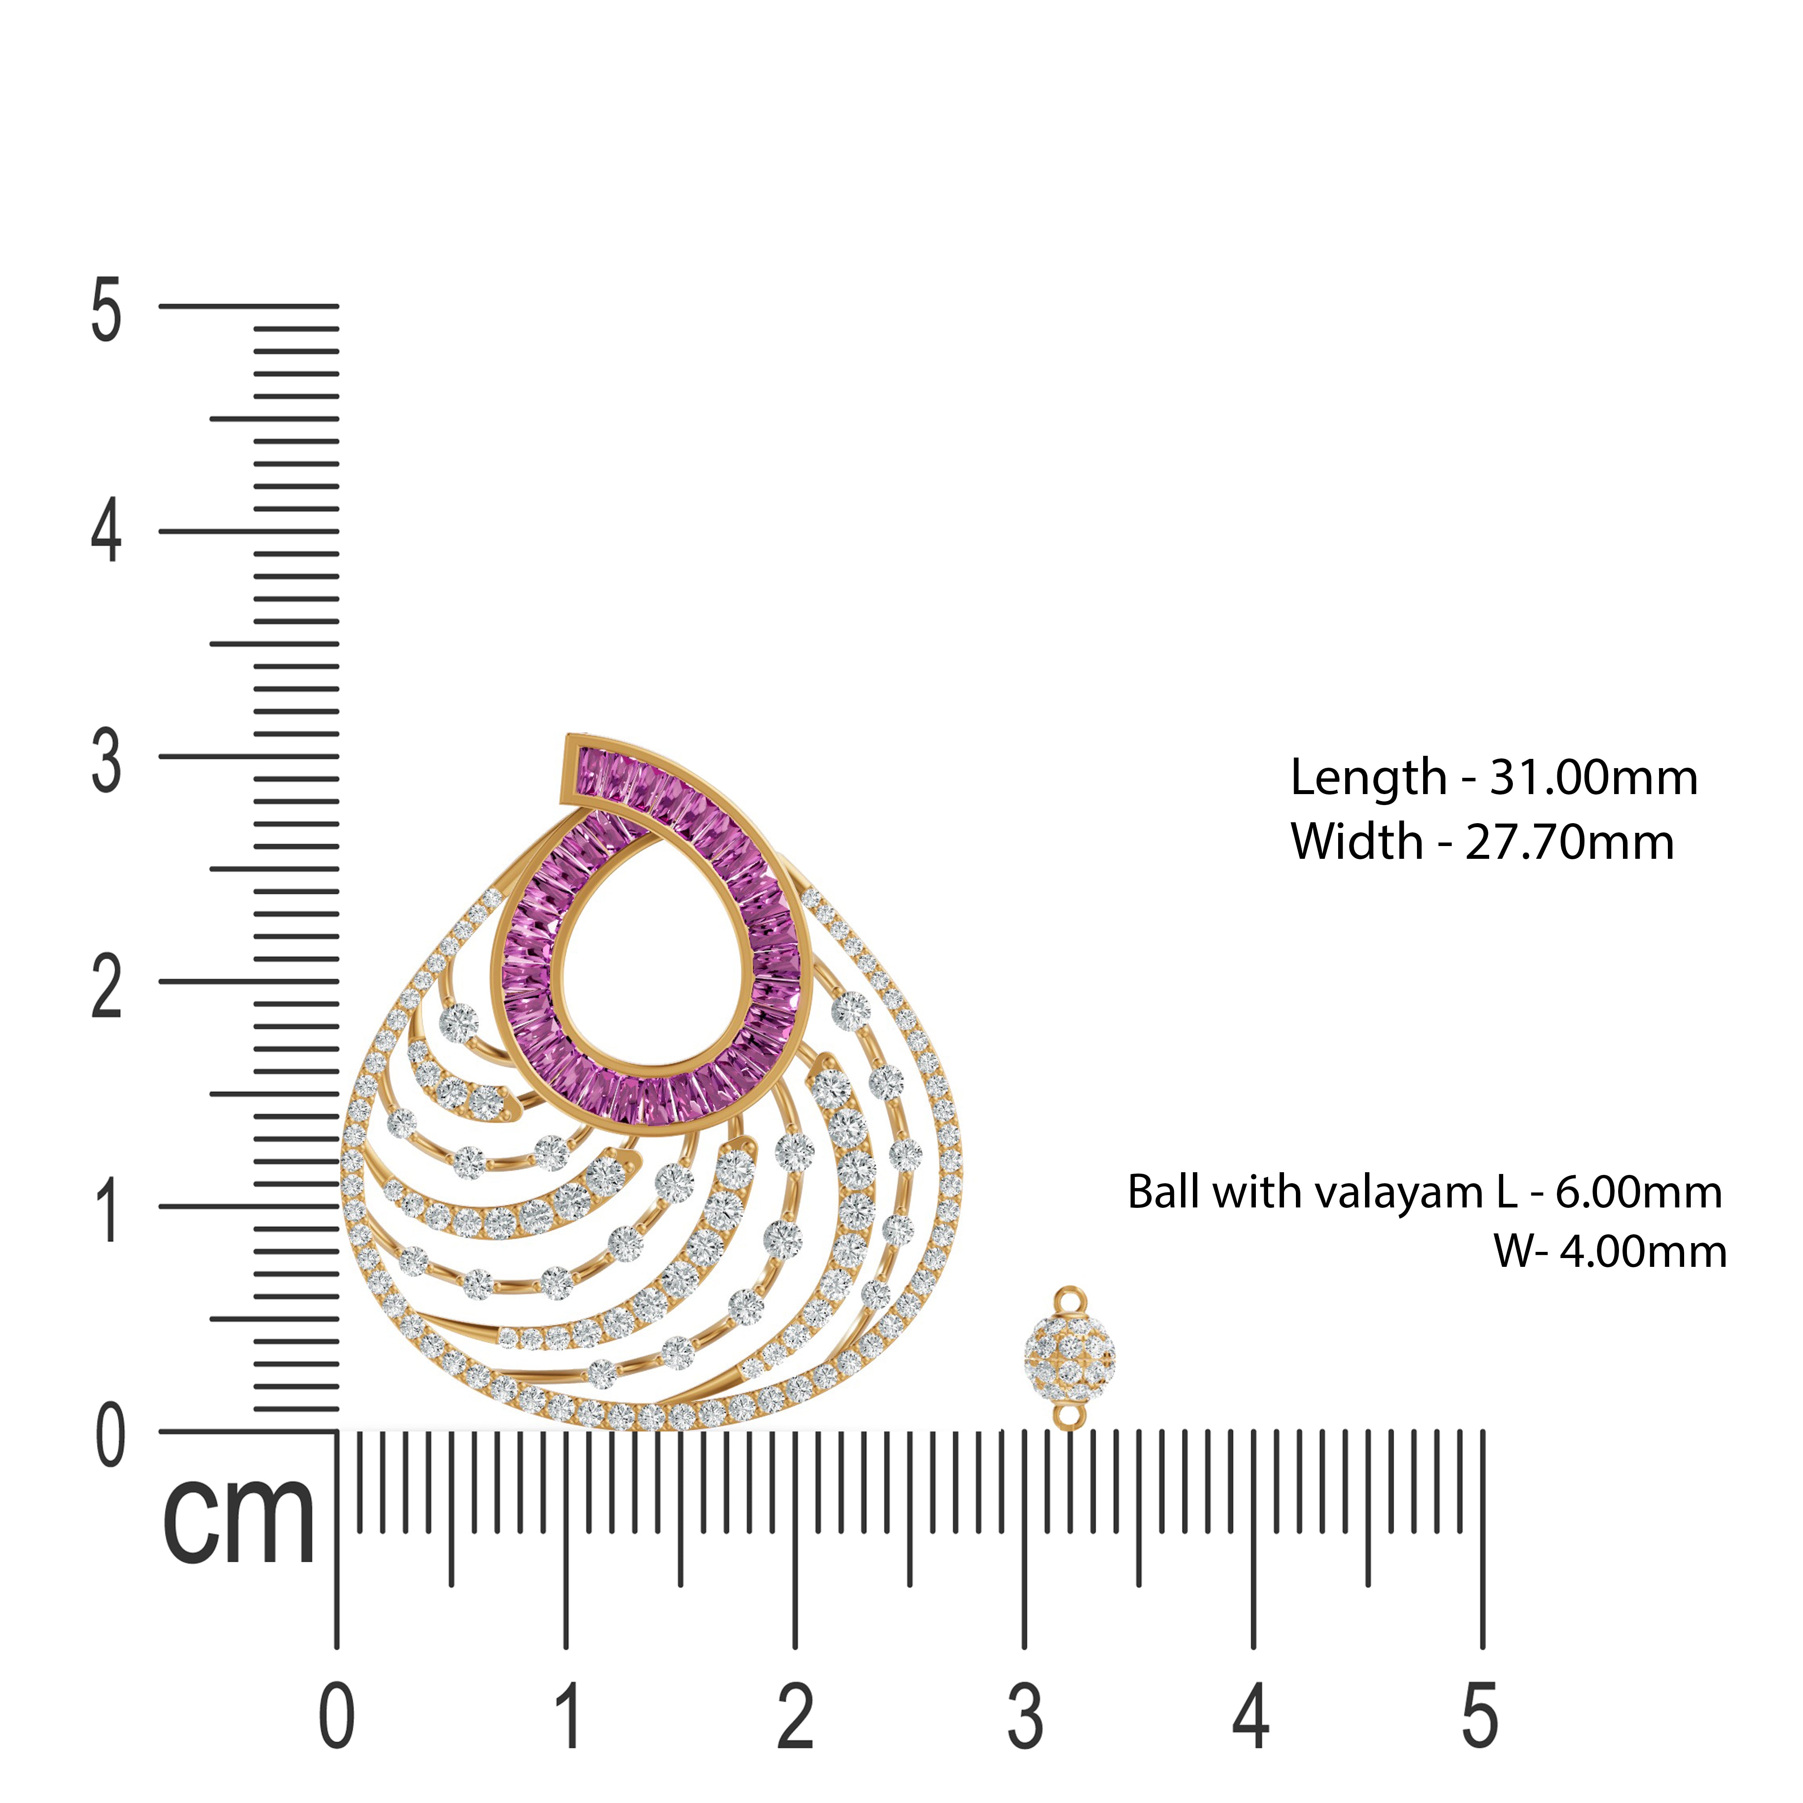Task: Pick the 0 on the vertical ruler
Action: pos(110,1435)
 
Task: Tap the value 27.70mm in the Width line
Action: pos(1570,843)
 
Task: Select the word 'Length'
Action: pos(1368,778)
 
